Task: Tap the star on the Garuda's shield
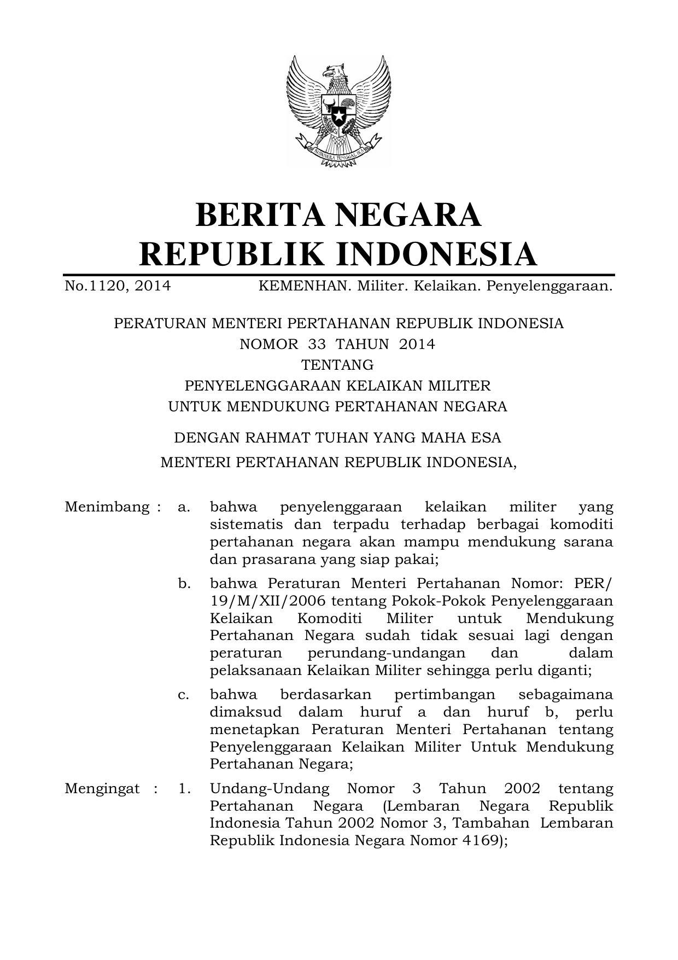339,115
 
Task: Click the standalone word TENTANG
338,365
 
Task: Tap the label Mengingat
102,788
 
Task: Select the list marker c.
184,695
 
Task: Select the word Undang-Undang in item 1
270,788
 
